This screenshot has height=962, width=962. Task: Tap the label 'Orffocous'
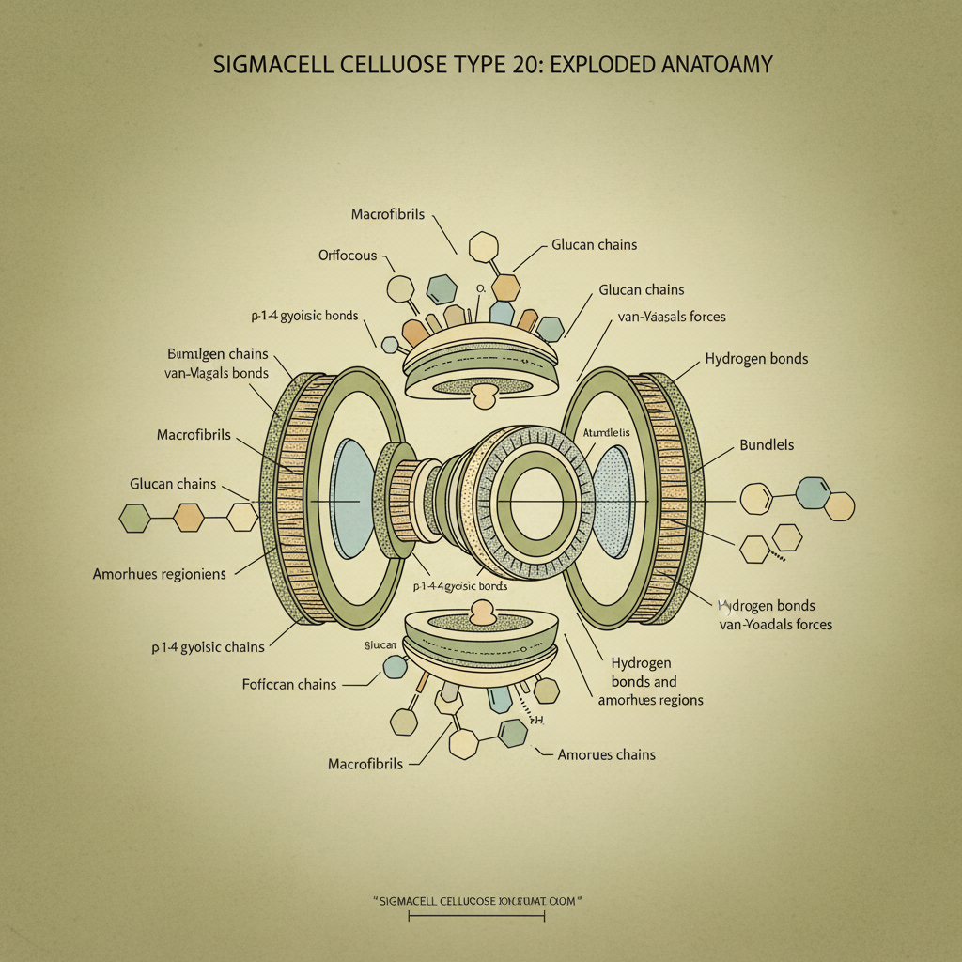click(x=347, y=255)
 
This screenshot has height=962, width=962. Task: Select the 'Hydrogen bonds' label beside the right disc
click(x=755, y=359)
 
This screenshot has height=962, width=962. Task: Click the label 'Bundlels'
click(x=767, y=443)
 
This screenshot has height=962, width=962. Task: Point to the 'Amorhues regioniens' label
click(x=159, y=573)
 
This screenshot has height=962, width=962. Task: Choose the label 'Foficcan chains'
click(x=288, y=685)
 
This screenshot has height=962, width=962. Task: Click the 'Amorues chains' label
click(x=606, y=754)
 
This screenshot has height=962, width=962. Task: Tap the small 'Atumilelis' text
click(x=607, y=432)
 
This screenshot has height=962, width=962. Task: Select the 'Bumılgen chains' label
click(x=217, y=354)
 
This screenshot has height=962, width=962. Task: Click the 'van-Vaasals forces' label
click(x=672, y=317)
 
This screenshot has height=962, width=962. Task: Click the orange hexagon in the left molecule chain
click(x=188, y=516)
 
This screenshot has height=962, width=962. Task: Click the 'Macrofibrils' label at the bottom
click(x=365, y=764)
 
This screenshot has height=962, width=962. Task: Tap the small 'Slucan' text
click(x=380, y=645)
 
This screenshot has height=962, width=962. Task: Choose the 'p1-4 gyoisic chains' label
click(x=208, y=647)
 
